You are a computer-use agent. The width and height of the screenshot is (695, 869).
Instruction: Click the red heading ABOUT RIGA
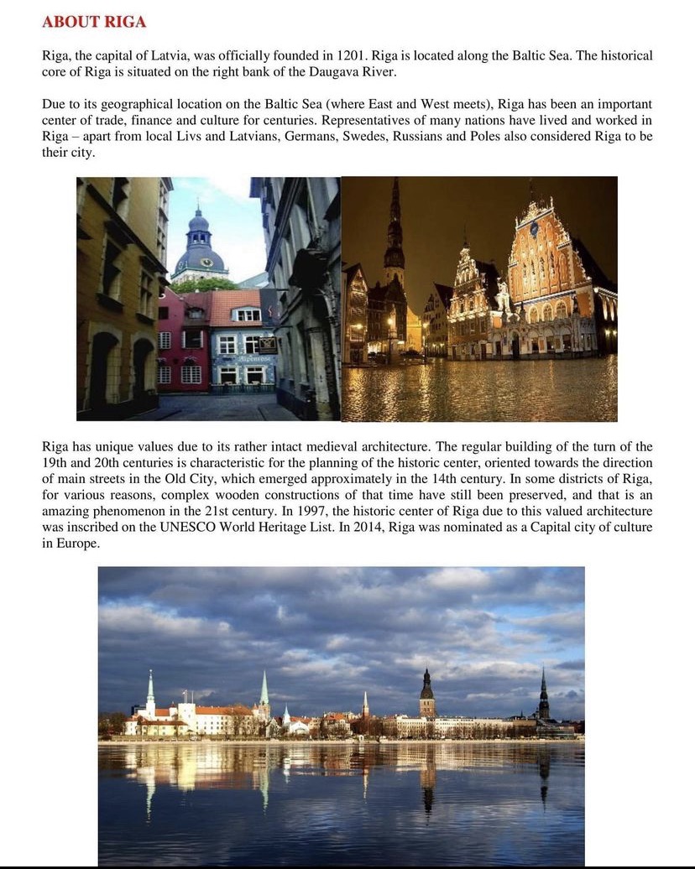click(94, 22)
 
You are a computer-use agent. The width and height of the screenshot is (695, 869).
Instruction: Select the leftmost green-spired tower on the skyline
click(150, 692)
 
